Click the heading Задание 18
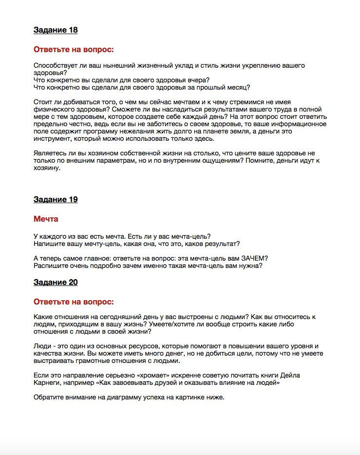(56, 30)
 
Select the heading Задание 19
(56, 200)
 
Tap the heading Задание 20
(56, 283)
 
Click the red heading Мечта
(46, 219)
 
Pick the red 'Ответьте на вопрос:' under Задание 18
(74, 50)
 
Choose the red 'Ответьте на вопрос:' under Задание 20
(74, 302)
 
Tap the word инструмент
(52, 139)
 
